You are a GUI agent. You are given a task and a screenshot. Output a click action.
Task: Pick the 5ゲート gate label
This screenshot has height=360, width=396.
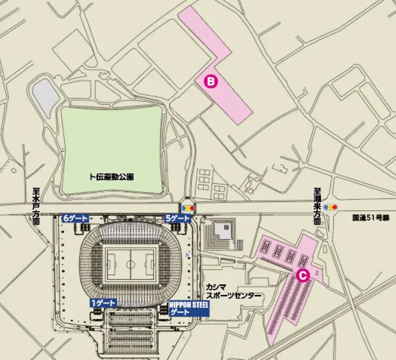pyautogui.click(x=177, y=218)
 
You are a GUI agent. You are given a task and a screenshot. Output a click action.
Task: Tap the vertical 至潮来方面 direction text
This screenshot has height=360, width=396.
pyautogui.click(x=317, y=206)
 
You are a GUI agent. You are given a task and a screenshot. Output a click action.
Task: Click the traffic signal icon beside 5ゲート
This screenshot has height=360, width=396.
pyautogui.click(x=188, y=208)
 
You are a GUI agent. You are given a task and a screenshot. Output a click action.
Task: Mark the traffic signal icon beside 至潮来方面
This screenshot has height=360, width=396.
pyautogui.click(x=330, y=207)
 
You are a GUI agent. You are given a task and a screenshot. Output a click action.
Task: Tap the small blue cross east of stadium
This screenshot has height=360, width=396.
pyautogui.click(x=187, y=255)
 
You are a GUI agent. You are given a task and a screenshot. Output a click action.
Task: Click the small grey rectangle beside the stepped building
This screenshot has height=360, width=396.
pyautogui.click(x=240, y=244)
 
